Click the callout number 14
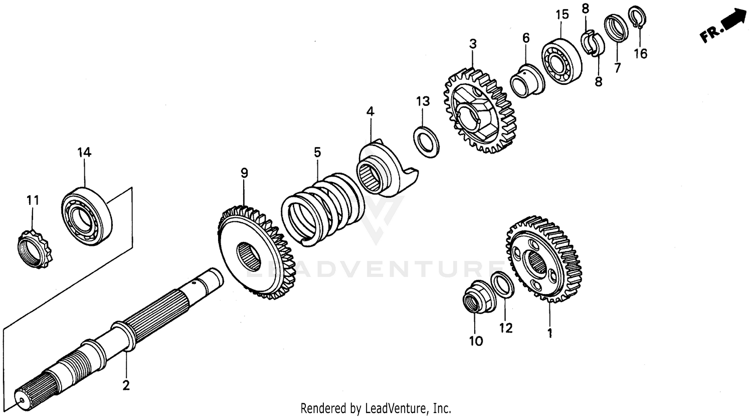(84, 153)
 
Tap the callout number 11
(33, 200)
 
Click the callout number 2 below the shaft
(126, 385)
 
